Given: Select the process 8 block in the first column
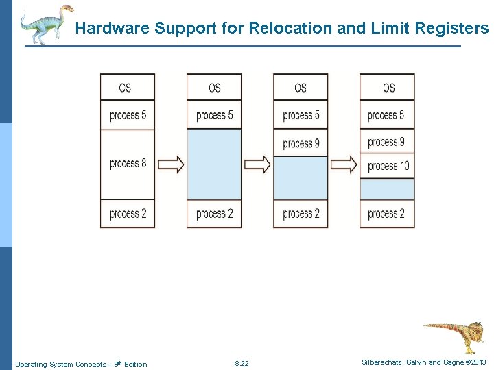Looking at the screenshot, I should click(128, 164).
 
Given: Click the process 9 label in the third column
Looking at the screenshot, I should click(301, 143).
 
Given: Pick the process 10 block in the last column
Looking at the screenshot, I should click(388, 166).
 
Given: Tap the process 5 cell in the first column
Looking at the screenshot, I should click(128, 115).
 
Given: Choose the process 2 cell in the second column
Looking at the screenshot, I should click(214, 214).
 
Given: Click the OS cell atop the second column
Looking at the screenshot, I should click(214, 88).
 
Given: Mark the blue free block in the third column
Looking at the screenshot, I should click(301, 177).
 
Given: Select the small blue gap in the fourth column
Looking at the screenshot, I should click(388, 188).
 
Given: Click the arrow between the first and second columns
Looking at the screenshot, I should click(171, 164).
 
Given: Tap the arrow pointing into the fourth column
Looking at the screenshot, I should click(344, 164).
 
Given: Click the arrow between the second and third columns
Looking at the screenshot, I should click(257, 164).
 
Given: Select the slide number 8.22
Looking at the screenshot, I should click(242, 364).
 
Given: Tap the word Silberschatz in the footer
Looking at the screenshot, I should click(380, 362).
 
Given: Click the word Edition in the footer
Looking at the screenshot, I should click(135, 364).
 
